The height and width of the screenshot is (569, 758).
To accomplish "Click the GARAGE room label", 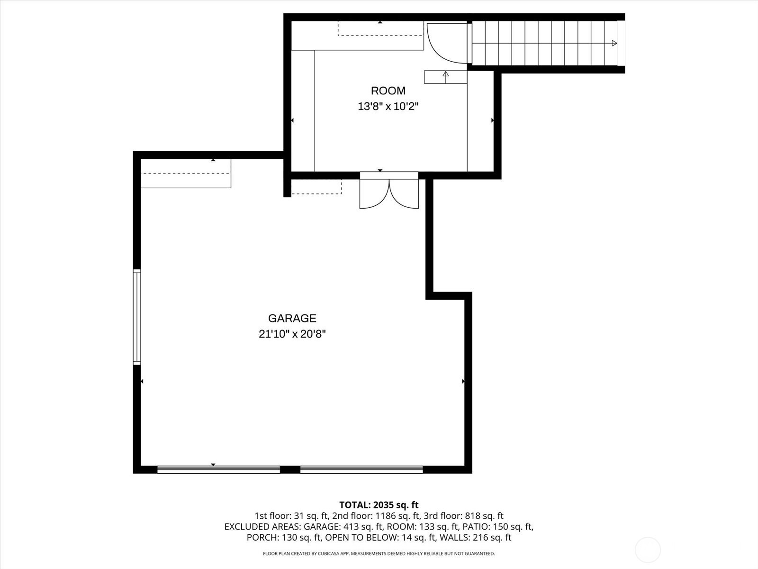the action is tap(292, 318).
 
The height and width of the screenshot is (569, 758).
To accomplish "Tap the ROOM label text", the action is tap(388, 91).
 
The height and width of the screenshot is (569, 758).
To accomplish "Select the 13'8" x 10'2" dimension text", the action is tap(388, 106).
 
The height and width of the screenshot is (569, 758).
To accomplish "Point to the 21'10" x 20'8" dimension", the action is tap(292, 334).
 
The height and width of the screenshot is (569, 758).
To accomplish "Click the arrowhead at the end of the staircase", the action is tap(614, 43).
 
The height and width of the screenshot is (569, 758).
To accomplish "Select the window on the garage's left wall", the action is tap(137, 317).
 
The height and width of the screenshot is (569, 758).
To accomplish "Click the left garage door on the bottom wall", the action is tap(218, 469).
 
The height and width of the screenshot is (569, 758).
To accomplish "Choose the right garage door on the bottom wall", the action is tap(361, 469).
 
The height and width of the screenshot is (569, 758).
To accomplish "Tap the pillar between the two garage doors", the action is tap(290, 469).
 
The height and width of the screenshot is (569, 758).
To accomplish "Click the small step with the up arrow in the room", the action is tap(445, 77).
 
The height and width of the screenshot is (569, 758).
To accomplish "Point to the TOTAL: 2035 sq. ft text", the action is tap(379, 505).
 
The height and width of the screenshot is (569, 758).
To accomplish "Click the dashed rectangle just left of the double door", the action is tap(316, 186).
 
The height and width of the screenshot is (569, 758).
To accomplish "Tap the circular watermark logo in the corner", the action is tap(648, 550).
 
